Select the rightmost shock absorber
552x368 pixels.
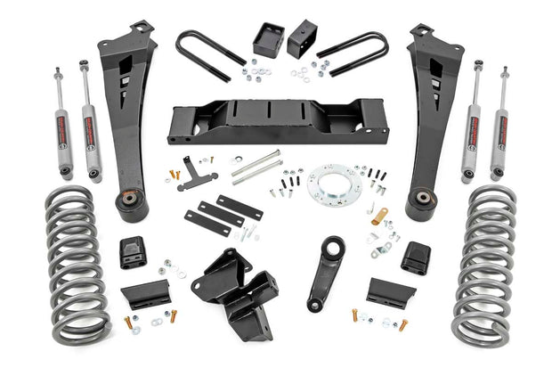500,120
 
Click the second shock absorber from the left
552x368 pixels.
91,120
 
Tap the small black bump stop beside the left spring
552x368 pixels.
134,252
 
